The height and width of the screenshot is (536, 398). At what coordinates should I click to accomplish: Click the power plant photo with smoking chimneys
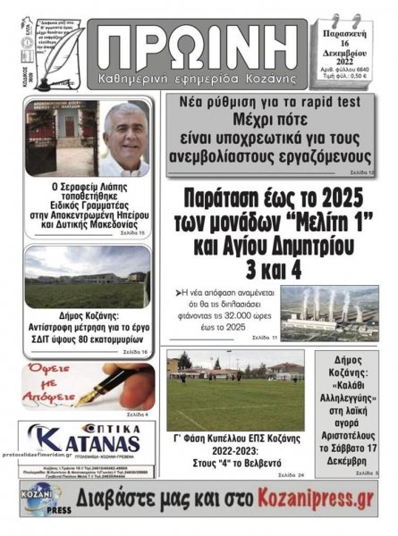coord(328,312)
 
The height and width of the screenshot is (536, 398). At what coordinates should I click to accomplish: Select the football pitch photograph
coord(235,390)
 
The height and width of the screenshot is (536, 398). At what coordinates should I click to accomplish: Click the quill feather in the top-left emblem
coord(58,49)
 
